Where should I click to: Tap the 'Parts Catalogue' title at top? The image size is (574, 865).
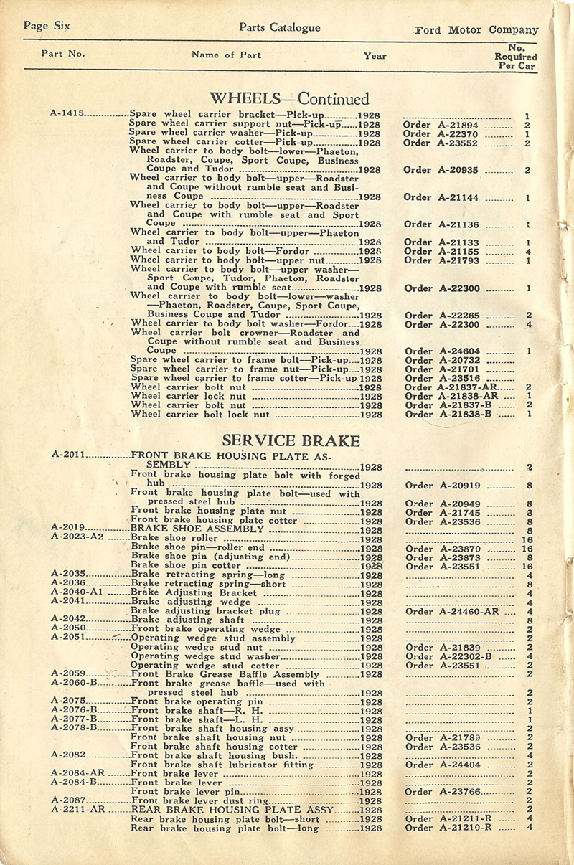[281, 28]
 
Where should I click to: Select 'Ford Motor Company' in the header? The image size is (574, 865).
[476, 30]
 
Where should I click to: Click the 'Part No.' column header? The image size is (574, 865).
[63, 54]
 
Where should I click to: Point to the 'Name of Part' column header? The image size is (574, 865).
[226, 55]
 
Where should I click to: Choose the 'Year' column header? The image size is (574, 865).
[375, 56]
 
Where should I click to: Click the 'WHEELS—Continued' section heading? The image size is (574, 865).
[288, 99]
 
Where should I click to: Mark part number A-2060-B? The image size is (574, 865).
[74, 683]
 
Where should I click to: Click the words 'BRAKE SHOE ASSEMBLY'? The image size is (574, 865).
[188, 529]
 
